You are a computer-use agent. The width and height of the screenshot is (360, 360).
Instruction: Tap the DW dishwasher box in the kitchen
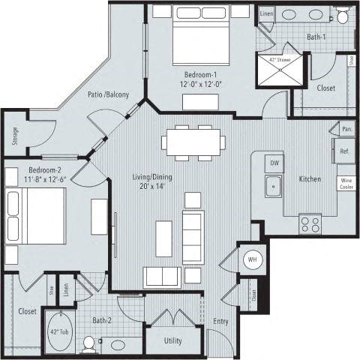(x=274, y=162)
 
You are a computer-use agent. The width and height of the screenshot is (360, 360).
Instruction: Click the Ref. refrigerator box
(x=346, y=151)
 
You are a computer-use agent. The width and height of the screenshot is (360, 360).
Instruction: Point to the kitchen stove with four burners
(x=310, y=223)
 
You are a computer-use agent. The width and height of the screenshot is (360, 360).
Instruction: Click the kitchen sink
(x=274, y=184)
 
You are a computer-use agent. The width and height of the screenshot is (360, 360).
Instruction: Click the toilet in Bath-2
(x=90, y=344)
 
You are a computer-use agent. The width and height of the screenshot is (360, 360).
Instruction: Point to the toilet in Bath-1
(x=343, y=15)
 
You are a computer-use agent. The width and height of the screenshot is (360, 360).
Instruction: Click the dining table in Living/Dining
(x=191, y=142)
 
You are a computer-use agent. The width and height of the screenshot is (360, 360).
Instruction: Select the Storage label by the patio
(x=15, y=136)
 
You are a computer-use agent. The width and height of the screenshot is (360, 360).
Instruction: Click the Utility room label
(x=173, y=339)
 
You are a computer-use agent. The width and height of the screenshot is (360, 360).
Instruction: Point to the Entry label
(x=220, y=321)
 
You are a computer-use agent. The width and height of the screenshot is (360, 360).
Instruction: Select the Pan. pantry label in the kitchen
(x=346, y=129)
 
